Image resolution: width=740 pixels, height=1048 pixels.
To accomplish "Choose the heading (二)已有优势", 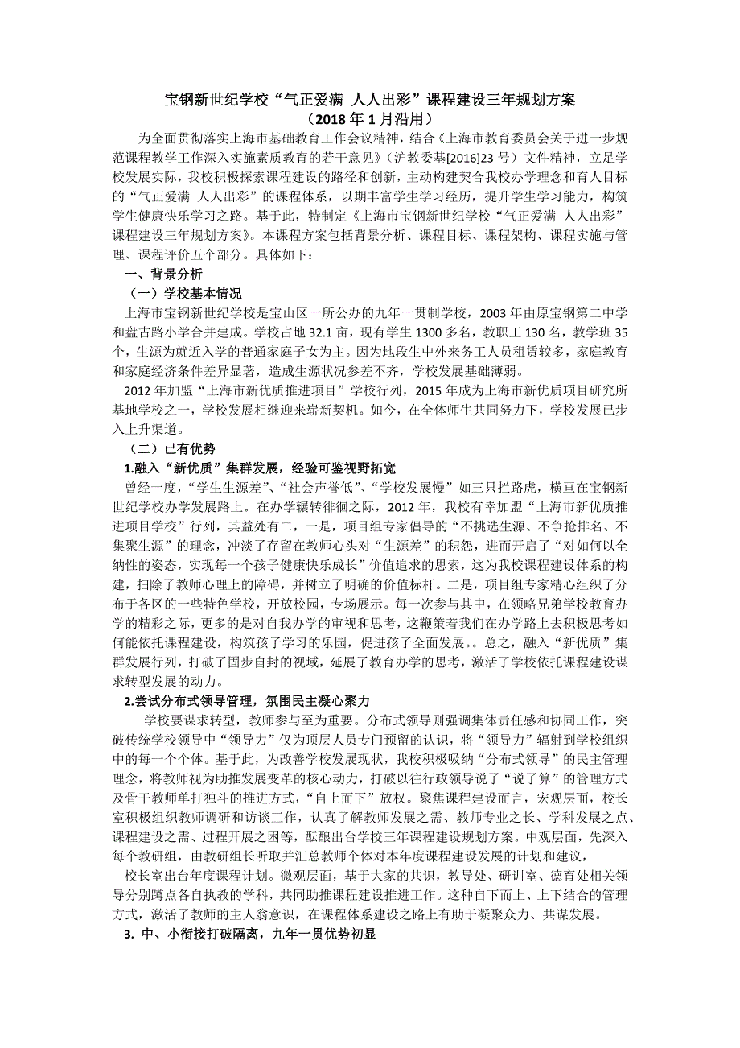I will pos(172,449).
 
